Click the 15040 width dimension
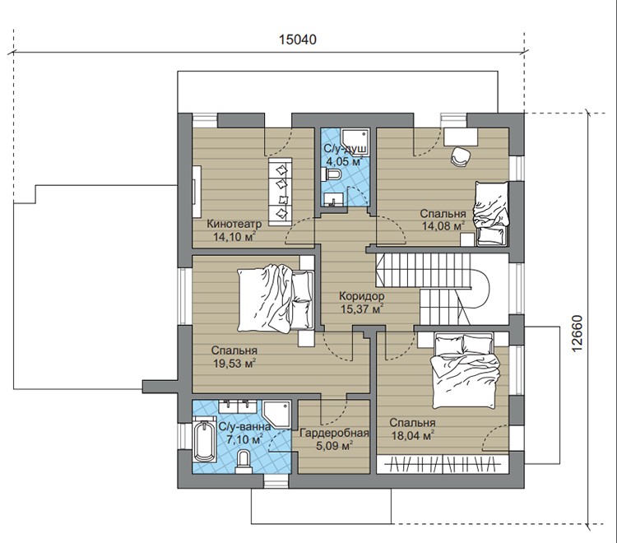point(298,39)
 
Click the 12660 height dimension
point(576,334)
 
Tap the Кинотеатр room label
point(234,224)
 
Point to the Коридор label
point(362,296)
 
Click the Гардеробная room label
point(335,434)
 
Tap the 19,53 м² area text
point(234,363)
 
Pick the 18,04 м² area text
point(412,435)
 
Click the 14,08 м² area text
point(443,226)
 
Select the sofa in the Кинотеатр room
point(281,192)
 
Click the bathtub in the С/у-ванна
point(204,442)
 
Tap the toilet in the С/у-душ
point(333,174)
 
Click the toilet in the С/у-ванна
point(244,461)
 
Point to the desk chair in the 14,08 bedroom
point(461,156)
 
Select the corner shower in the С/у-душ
point(355,142)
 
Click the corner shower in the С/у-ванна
point(277,415)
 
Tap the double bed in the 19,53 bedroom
point(276,298)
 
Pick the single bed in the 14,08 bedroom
point(490,214)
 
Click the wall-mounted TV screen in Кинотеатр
point(197,191)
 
